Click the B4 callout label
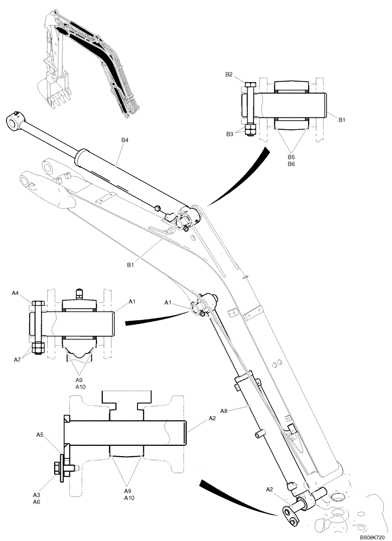pyautogui.click(x=125, y=140)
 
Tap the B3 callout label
pyautogui.click(x=229, y=134)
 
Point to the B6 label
pyautogui.click(x=291, y=163)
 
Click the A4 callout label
pyautogui.click(x=15, y=293)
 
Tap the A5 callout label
pyautogui.click(x=40, y=434)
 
